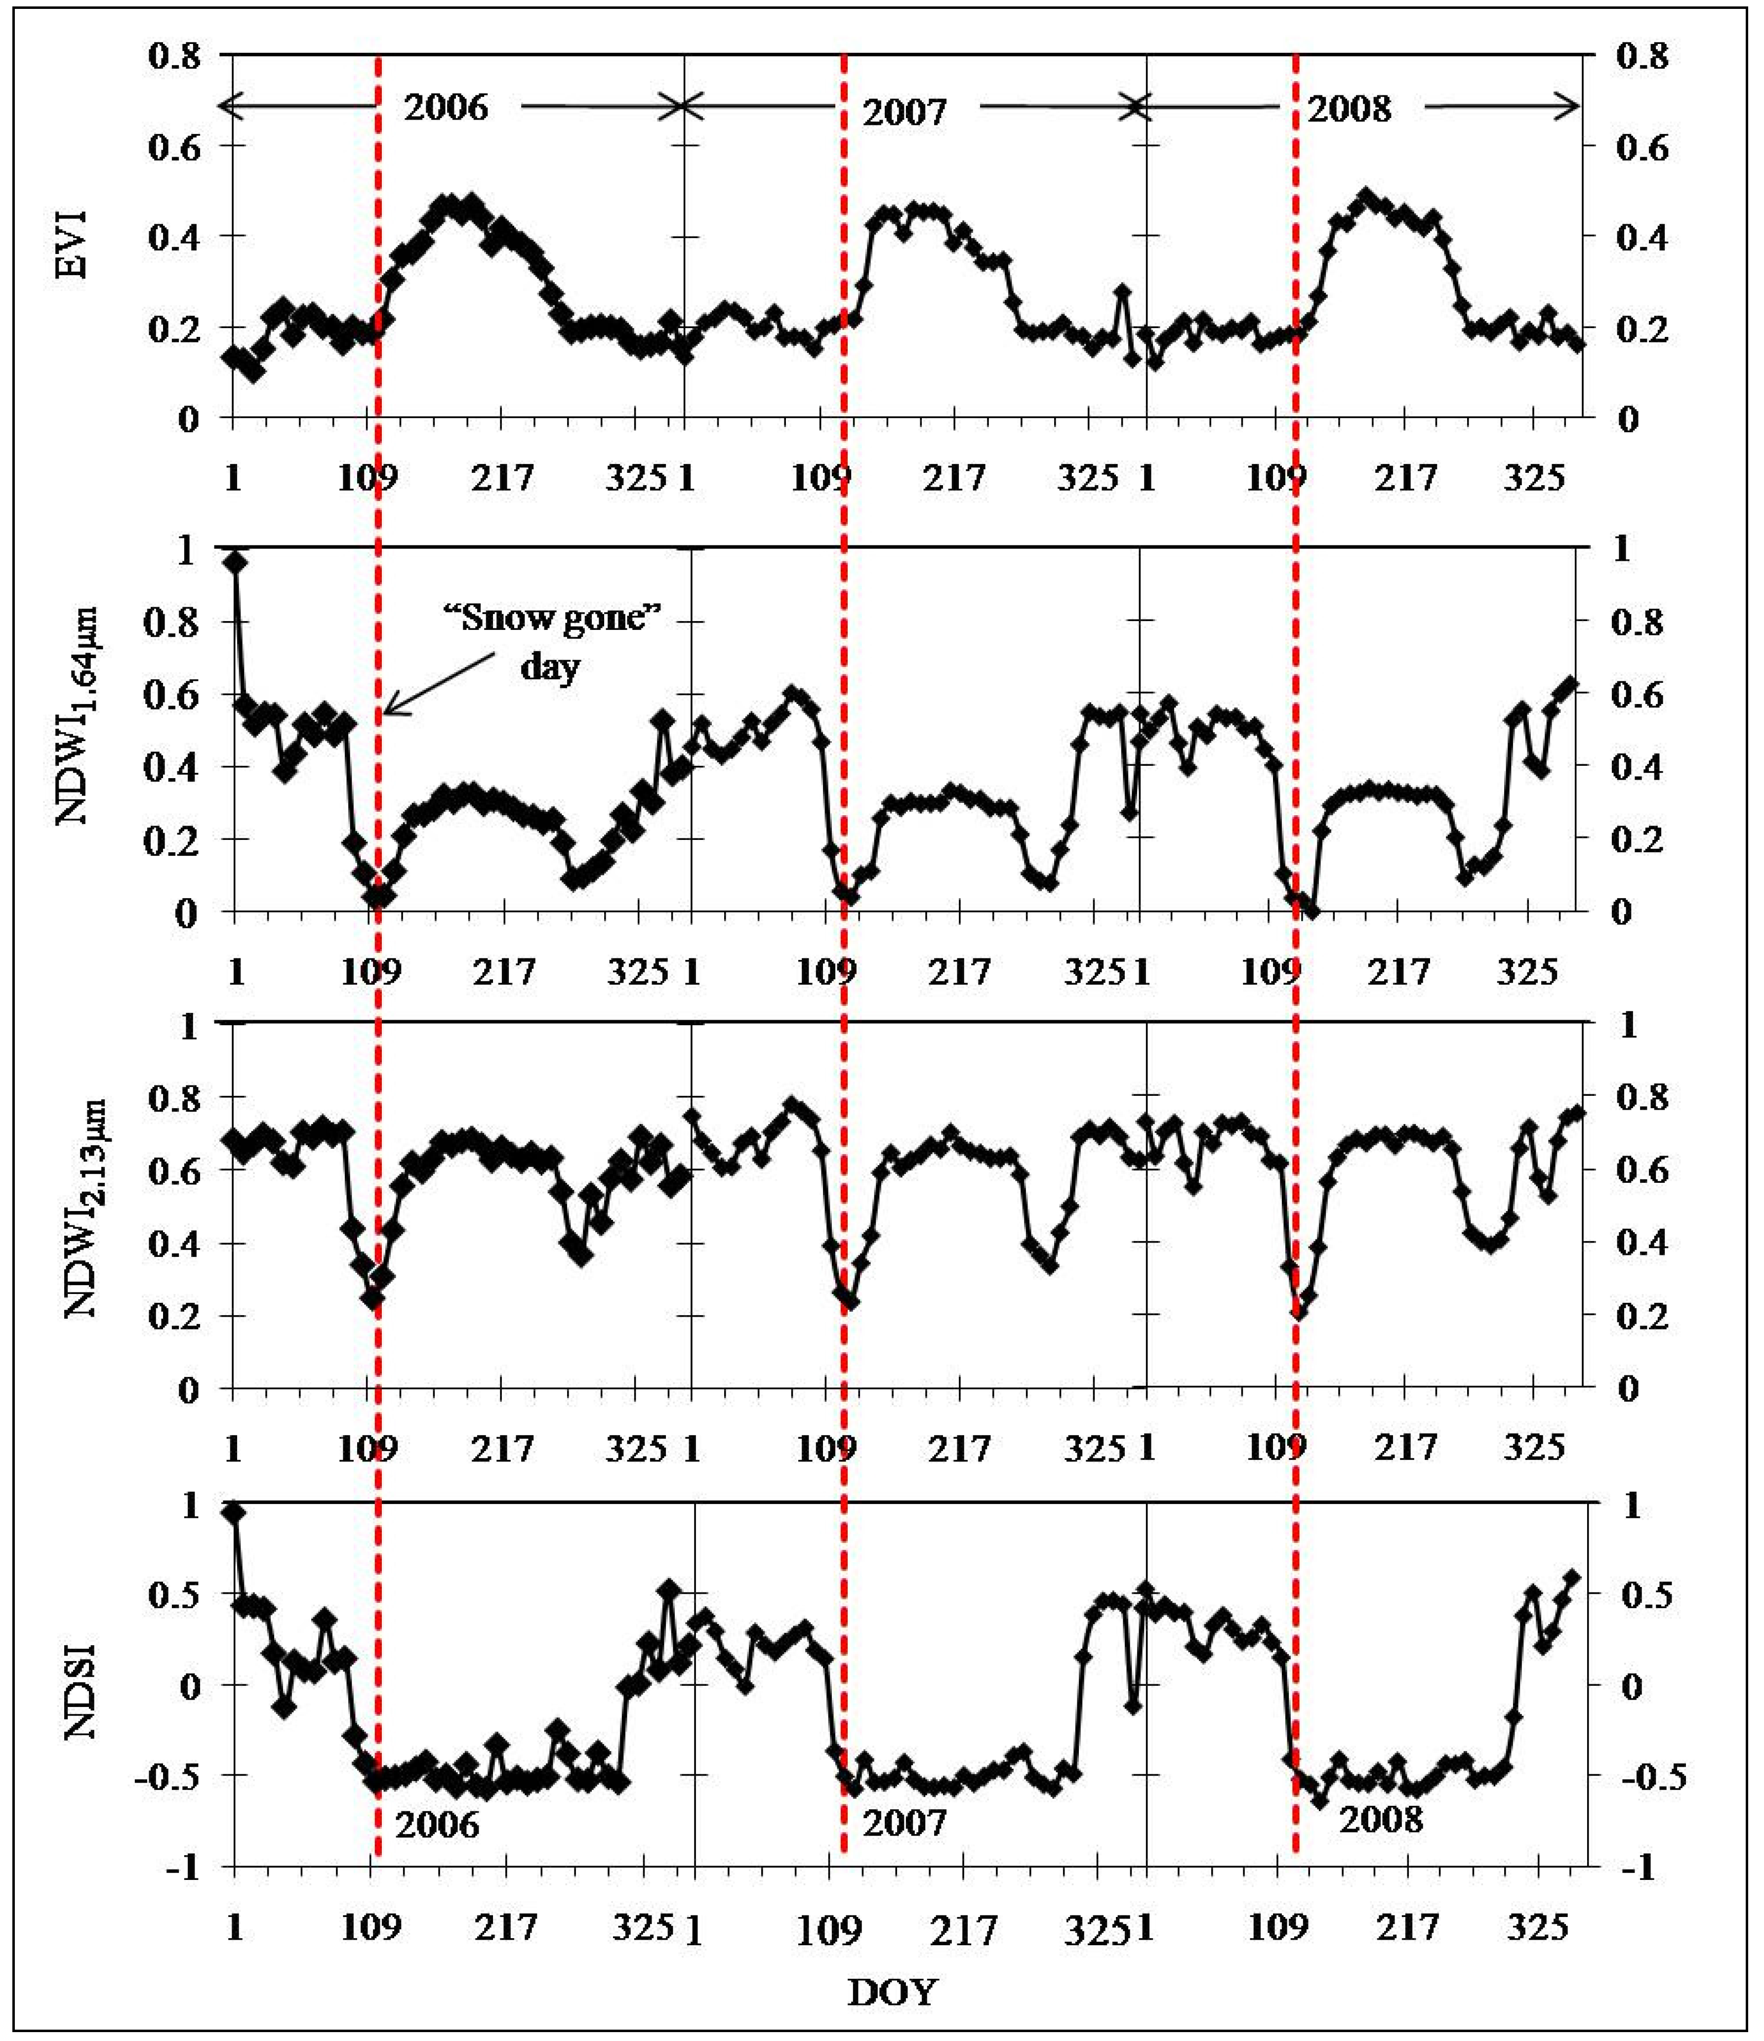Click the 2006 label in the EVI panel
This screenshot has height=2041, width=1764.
(x=446, y=106)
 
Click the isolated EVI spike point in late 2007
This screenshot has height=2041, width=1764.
(x=1122, y=292)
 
